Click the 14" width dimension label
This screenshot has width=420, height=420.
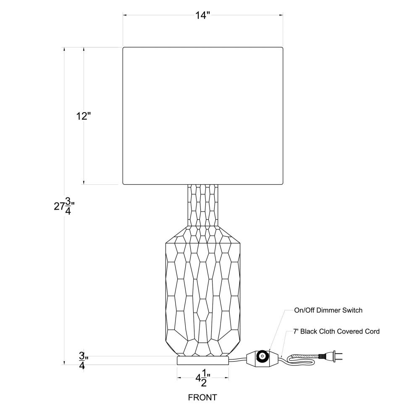pos(202,16)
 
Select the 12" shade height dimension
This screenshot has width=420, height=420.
pos(84,116)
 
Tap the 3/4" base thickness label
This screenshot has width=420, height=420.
pos(83,361)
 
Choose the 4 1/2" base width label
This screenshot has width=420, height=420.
pos(202,378)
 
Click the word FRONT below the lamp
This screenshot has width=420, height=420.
pos(202,397)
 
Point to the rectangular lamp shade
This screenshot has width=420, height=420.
pos(202,115)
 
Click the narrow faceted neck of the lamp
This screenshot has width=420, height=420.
pos(205,206)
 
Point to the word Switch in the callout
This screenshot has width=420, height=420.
pos(352,311)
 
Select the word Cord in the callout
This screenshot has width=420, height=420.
pos(372,332)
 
